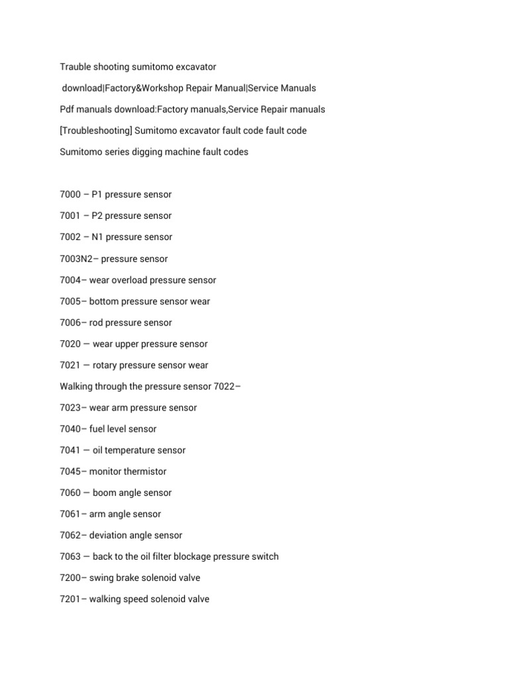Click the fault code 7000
point(70,194)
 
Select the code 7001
point(70,216)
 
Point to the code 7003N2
point(76,259)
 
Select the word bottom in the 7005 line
point(103,301)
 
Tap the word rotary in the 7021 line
point(106,365)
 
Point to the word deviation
point(109,535)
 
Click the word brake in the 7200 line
point(128,578)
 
